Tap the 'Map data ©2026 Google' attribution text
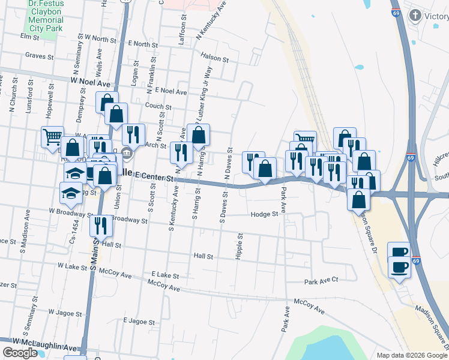pos(412,355)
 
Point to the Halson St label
pos(215,59)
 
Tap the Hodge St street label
pos(265,214)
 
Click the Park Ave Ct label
pos(321,280)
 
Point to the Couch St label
pos(158,107)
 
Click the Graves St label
pos(38,56)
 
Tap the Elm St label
pos(29,37)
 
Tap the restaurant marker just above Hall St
pos(99,226)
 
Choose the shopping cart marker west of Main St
pos(52,137)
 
